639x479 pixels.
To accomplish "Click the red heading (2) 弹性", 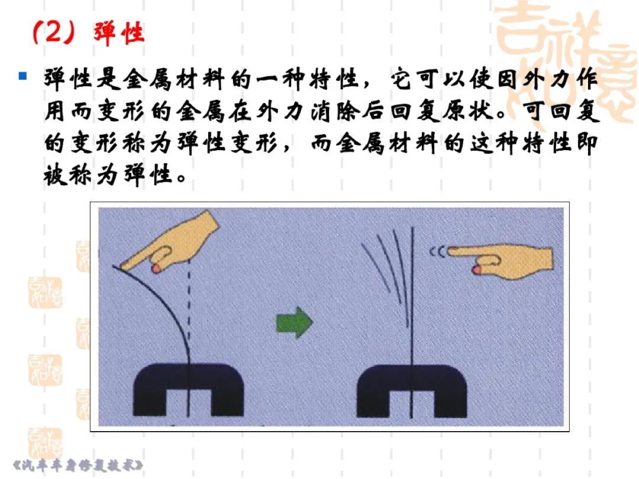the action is pyautogui.click(x=88, y=33).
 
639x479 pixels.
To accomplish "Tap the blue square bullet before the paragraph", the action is pyautogui.click(x=23, y=76).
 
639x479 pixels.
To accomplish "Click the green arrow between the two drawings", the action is pyautogui.click(x=294, y=322).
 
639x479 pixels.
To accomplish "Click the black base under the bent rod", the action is pyautogui.click(x=188, y=390).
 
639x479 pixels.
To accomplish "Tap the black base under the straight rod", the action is pyautogui.click(x=412, y=391).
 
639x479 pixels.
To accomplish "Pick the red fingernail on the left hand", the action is pyautogui.click(x=156, y=268).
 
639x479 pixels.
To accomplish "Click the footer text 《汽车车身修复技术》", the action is pyautogui.click(x=78, y=465).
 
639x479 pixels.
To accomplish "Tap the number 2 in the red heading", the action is pyautogui.click(x=52, y=32).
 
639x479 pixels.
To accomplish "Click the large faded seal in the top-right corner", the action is pyautogui.click(x=566, y=61).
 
